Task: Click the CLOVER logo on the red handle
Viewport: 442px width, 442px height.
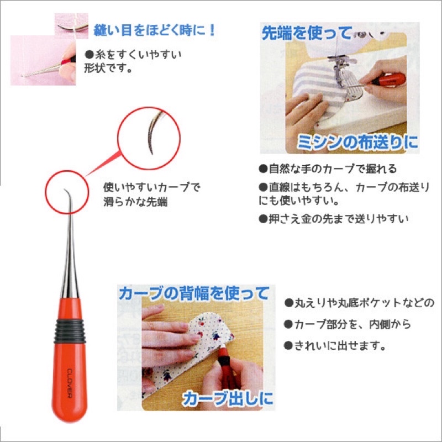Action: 70,383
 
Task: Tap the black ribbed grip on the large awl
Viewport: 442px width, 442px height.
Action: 70,330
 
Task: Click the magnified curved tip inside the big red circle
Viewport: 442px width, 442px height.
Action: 155,132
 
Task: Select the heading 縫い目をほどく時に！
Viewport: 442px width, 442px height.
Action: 155,30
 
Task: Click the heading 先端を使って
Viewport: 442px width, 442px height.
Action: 307,33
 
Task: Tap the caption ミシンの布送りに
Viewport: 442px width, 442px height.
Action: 357,142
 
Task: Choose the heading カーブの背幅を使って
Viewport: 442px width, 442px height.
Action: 194,293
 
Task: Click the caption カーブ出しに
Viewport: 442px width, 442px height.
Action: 228,398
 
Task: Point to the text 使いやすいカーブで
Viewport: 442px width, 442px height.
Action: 151,187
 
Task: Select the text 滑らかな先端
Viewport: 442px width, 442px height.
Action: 135,202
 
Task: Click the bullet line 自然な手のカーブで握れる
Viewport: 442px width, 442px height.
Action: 328,169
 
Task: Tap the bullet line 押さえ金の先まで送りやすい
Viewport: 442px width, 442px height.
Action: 334,219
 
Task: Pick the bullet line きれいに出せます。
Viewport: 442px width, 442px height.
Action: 335,345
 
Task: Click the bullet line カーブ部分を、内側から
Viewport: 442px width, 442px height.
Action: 348,324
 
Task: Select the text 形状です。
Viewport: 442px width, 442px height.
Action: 108,68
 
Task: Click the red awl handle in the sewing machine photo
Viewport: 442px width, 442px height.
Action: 388,79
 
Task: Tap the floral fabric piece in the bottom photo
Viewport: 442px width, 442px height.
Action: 192,352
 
